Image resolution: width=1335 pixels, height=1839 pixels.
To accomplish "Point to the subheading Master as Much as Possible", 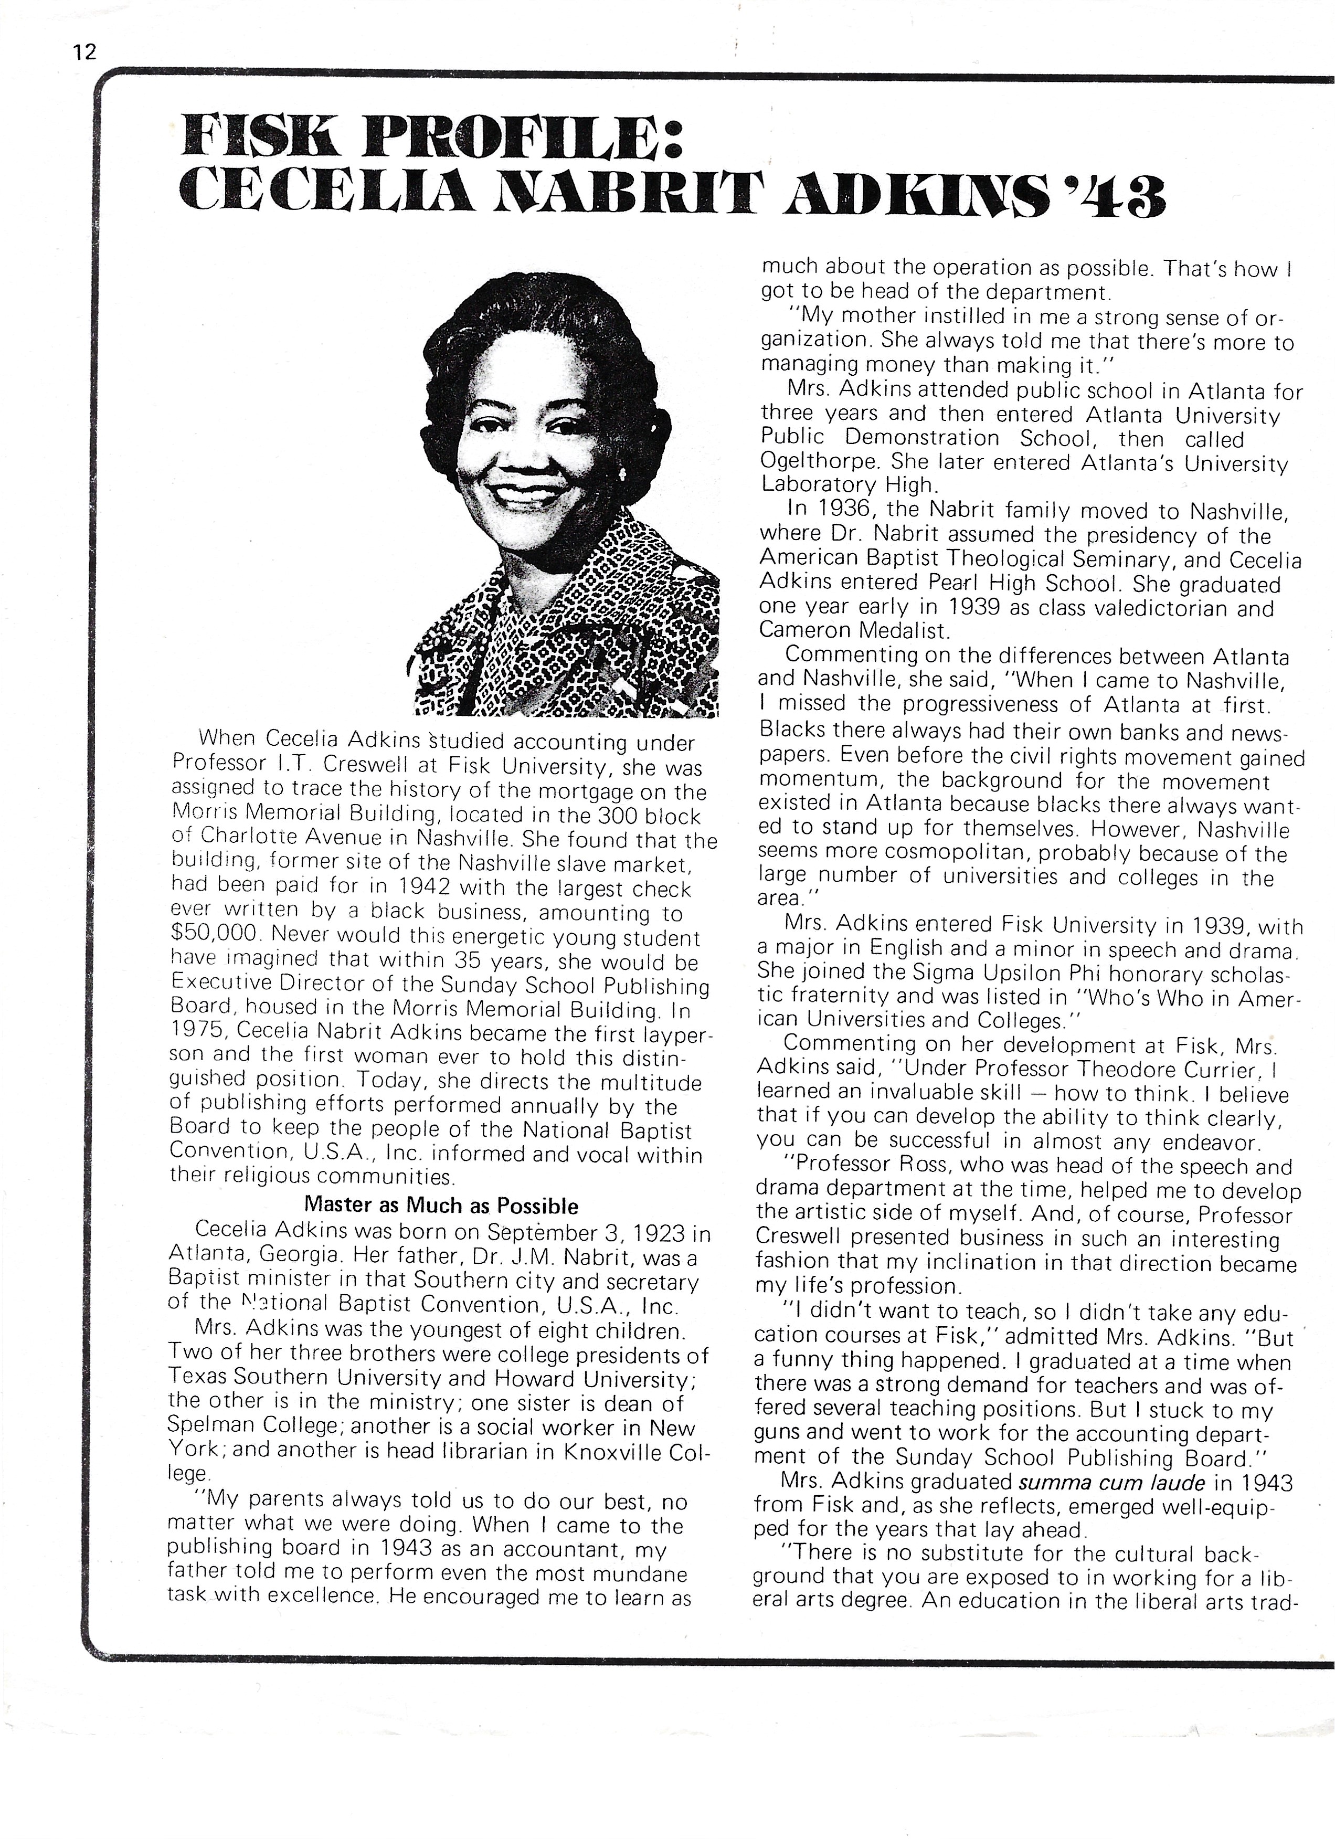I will pyautogui.click(x=441, y=1205).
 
